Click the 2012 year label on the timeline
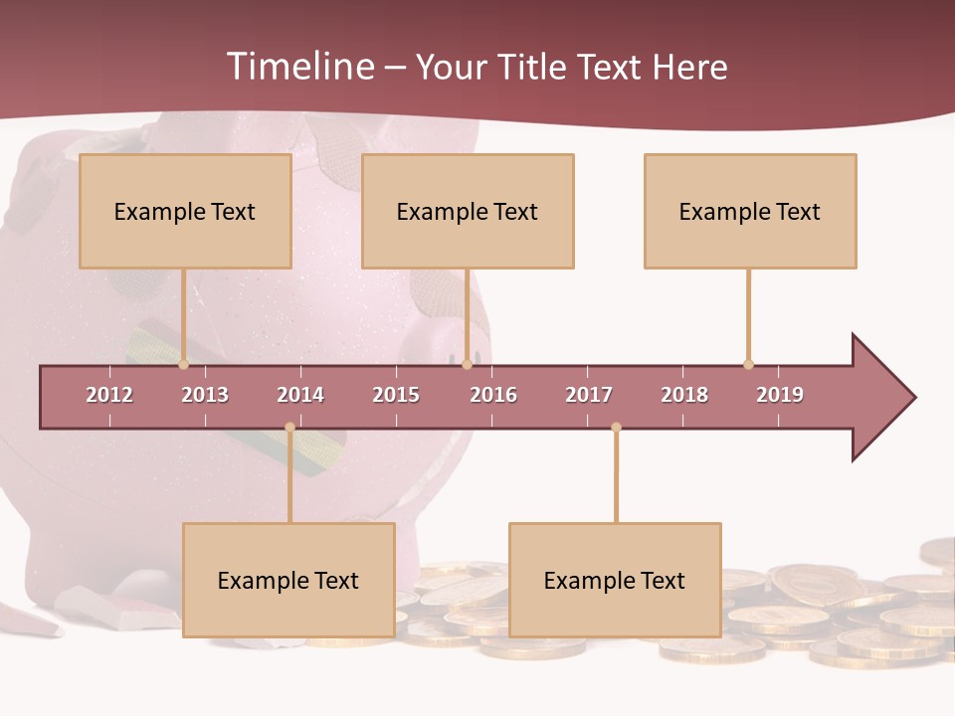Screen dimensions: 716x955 (x=109, y=395)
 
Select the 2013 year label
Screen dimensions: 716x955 (x=205, y=395)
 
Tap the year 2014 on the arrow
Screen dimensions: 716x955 (x=300, y=395)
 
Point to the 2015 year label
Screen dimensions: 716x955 (x=396, y=395)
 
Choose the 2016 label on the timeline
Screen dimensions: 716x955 (x=493, y=395)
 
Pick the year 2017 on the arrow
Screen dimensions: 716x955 (x=589, y=395)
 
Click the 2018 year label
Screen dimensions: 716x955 (x=684, y=395)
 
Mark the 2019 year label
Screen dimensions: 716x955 (x=780, y=395)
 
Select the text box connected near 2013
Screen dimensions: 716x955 (x=185, y=211)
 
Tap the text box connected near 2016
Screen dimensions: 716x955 (x=468, y=211)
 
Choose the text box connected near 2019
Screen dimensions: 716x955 (x=750, y=211)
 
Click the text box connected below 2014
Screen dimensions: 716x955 (x=288, y=580)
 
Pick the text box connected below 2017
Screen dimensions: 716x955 (x=615, y=580)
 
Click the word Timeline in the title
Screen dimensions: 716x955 (x=298, y=67)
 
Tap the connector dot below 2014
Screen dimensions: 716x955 (x=289, y=428)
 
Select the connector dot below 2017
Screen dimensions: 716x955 (x=616, y=428)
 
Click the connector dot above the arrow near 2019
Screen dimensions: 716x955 (x=748, y=364)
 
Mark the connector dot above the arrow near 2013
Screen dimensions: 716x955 (x=183, y=365)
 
